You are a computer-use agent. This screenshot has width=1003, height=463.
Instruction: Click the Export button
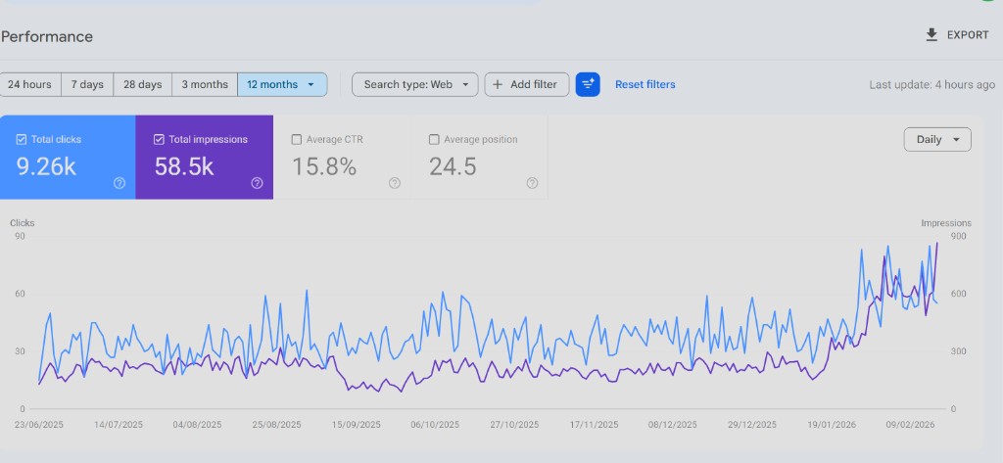pos(958,35)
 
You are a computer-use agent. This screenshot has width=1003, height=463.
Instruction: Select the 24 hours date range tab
pos(29,84)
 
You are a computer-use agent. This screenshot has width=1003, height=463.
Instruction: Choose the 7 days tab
pos(87,84)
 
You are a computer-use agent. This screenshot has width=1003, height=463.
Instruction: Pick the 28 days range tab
pos(142,84)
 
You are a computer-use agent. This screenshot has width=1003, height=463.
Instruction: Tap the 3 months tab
pos(205,84)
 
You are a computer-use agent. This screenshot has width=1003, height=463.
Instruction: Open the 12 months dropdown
pos(282,84)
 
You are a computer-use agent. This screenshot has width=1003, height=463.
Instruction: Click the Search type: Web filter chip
pos(415,84)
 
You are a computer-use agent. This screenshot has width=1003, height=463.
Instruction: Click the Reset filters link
pos(645,84)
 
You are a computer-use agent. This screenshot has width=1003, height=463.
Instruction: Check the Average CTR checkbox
pos(297,140)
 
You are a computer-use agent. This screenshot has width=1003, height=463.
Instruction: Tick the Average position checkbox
pos(434,140)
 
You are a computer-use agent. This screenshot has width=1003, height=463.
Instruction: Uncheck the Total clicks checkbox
pos(22,140)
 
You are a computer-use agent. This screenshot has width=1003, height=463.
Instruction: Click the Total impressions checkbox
pos(159,140)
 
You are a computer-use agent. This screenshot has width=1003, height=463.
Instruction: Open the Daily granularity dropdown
pos(937,140)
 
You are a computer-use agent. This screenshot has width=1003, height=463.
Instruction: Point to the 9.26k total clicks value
pos(46,166)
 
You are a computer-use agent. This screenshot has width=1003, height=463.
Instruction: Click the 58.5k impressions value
pos(184,166)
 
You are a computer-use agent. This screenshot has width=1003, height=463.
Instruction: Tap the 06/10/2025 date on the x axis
pos(435,425)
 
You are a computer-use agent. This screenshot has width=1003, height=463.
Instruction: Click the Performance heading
pos(47,37)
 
